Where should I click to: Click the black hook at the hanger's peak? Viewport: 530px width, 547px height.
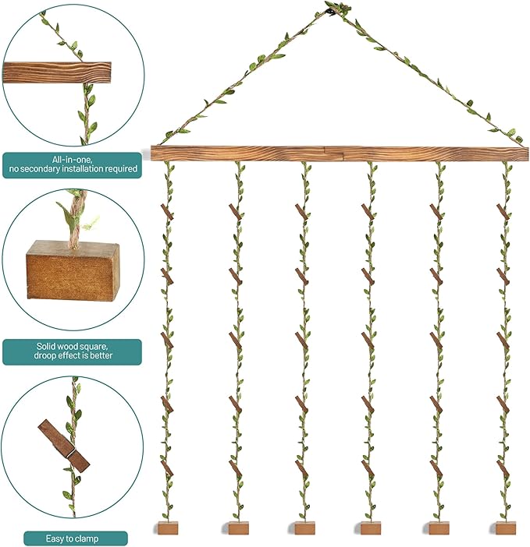coord(329,13)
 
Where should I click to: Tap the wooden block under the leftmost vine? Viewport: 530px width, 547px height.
coord(168,528)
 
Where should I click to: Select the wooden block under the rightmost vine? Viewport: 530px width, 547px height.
coord(505,528)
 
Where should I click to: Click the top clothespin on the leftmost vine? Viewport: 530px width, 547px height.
coord(167,212)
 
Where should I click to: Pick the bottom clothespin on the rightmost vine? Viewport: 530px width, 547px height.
coord(503,468)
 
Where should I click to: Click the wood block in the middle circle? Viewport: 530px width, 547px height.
coord(73,270)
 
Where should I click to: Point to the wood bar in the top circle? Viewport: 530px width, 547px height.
coord(57,73)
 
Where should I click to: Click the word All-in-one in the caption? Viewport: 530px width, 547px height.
coord(73,160)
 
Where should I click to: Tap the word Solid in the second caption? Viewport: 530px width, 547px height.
coord(47,347)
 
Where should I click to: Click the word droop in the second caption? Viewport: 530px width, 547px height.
coord(44,355)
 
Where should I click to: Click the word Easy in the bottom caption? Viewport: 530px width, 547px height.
coord(55,538)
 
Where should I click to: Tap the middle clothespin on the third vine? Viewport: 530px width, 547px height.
coord(302,341)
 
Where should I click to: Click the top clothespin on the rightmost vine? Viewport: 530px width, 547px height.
coord(503,212)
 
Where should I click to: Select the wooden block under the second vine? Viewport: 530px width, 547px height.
coord(239,528)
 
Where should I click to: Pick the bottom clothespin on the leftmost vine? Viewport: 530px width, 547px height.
coord(167,468)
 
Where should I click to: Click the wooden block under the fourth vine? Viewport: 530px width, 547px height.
coord(370,528)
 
